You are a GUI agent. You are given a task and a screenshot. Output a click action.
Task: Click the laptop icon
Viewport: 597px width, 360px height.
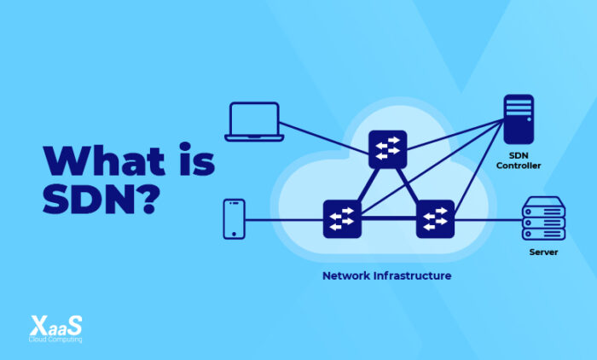coord(253,121)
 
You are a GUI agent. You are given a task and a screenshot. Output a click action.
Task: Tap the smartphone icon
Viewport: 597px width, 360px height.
coord(234,218)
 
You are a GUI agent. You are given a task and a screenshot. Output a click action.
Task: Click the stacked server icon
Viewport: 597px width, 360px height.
coord(543,219)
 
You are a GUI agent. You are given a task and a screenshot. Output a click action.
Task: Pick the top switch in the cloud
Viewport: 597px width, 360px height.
coord(388,149)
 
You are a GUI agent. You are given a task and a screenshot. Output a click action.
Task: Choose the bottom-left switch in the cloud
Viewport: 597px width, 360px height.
coord(342,218)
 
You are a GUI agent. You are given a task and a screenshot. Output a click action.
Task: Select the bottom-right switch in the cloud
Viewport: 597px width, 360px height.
coord(435,218)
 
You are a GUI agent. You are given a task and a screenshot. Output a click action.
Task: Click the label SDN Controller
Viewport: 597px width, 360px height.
coord(519,160)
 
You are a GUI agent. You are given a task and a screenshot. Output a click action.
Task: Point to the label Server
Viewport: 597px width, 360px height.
coord(543,253)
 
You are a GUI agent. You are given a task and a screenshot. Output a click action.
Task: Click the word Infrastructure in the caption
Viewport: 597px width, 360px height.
coord(412,276)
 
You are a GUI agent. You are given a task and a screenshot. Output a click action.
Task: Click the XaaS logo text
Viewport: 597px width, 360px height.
coord(56,326)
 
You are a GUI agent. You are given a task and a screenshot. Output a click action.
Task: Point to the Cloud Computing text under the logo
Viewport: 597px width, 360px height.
coord(56,340)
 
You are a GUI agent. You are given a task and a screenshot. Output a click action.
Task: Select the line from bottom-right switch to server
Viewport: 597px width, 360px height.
coord(486,219)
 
